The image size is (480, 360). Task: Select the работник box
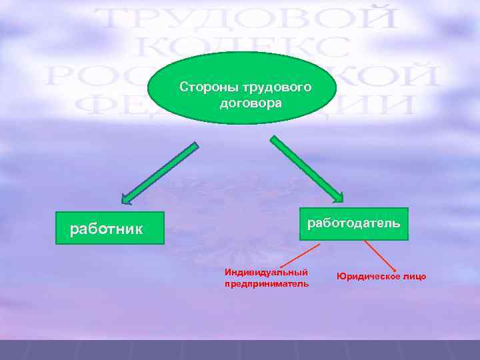pyautogui.click(x=109, y=229)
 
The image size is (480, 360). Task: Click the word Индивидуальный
pyautogui.click(x=266, y=272)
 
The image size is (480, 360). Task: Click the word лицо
pyautogui.click(x=414, y=276)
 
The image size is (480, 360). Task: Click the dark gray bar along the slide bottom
pyautogui.click(x=240, y=350)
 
